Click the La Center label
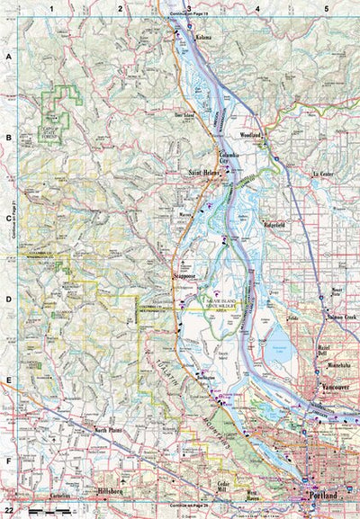pyautogui.click(x=323, y=173)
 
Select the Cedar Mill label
pyautogui.click(x=225, y=487)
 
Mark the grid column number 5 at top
pyautogui.click(x=326, y=8)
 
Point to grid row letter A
pyautogui.click(x=8, y=55)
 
